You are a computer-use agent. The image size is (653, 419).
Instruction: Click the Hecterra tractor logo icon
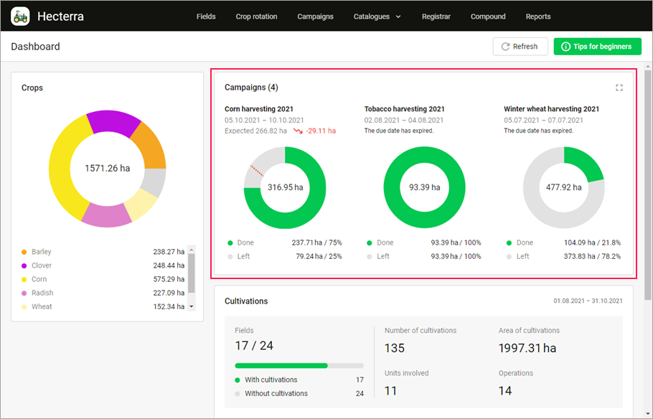[x=20, y=16]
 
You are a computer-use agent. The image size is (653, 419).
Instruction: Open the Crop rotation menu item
[x=256, y=17]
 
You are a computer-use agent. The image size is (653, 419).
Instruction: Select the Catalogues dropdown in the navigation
[x=377, y=17]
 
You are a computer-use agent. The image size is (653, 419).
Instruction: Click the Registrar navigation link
[x=436, y=17]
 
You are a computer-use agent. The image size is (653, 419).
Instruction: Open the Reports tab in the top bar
[x=538, y=17]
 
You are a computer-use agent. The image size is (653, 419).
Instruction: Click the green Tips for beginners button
[x=596, y=47]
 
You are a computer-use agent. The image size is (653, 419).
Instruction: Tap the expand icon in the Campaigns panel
[x=619, y=88]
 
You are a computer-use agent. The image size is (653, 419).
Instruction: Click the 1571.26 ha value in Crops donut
[x=107, y=169]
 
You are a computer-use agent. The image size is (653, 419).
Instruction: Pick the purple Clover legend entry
[x=42, y=265]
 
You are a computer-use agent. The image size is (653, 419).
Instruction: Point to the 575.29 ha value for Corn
[x=169, y=279]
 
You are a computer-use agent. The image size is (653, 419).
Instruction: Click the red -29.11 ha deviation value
[x=320, y=131]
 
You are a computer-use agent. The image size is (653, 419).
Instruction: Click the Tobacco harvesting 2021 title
[x=404, y=109]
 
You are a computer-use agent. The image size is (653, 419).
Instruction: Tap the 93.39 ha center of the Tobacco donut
[x=424, y=187]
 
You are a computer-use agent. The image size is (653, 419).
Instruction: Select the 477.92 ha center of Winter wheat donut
[x=563, y=187]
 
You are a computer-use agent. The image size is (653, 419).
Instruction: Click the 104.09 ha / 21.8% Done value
[x=592, y=243]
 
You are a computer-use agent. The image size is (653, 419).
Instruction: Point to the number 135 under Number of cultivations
[x=395, y=348]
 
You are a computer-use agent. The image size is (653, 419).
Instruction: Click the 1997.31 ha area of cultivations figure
[x=527, y=348]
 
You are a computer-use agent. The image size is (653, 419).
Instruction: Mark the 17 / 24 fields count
[x=254, y=346]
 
